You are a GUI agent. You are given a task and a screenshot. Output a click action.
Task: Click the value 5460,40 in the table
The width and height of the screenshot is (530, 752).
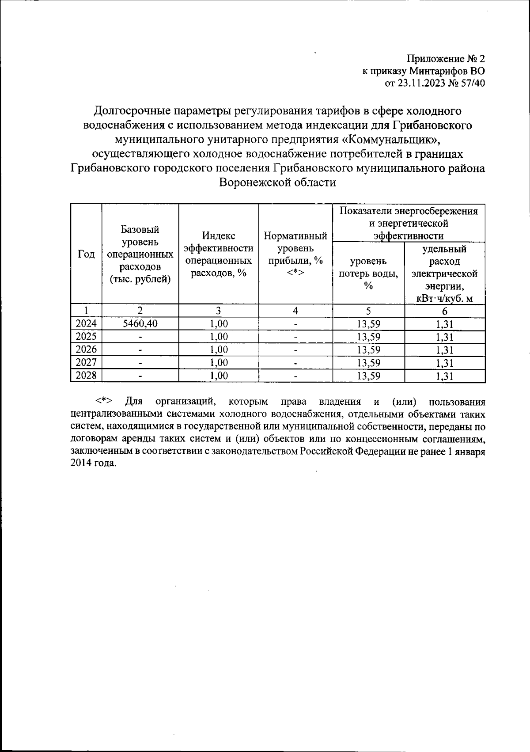click(140, 324)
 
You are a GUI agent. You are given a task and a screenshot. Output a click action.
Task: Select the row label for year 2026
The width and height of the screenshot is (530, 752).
click(86, 350)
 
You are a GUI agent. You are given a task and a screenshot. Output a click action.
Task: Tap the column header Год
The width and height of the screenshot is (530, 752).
click(86, 254)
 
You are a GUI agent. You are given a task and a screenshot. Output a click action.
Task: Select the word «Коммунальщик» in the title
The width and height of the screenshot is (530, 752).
click(391, 140)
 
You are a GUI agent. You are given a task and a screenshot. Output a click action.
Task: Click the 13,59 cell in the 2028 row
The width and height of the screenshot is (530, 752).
click(369, 376)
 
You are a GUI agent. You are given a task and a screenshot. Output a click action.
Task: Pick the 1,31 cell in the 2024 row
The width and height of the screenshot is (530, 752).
click(444, 324)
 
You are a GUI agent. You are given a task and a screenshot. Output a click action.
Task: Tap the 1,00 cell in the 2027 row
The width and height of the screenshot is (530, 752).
click(219, 363)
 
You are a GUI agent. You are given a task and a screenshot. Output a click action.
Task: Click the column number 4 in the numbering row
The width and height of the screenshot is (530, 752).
click(295, 311)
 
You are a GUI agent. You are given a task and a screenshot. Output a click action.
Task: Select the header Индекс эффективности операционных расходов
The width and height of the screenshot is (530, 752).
click(218, 254)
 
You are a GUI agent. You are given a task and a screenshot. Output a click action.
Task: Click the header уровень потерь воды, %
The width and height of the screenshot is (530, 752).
click(368, 273)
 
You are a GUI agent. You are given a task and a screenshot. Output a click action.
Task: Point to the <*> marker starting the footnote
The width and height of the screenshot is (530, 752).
click(105, 401)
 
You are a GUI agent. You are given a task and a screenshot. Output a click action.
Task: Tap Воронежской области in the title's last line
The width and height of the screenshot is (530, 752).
click(278, 182)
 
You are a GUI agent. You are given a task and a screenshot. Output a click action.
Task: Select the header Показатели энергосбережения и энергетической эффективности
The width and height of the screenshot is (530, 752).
click(409, 223)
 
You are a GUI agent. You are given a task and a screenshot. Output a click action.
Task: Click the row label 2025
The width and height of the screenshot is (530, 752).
click(86, 337)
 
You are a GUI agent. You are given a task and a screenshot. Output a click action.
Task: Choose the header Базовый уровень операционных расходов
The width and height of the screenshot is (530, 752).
click(140, 254)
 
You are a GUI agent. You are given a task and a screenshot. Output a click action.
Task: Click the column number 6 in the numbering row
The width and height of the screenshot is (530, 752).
click(444, 311)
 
